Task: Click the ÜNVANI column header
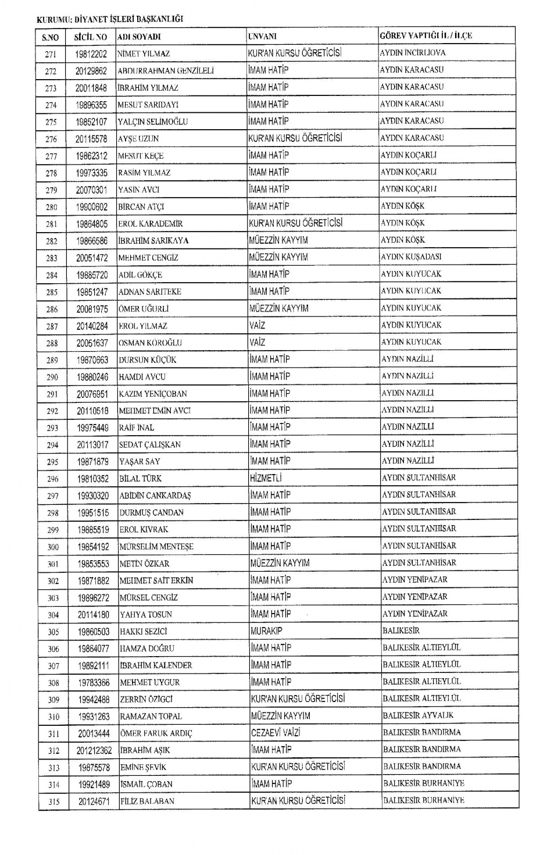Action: coord(262,36)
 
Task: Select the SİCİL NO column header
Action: coord(91,37)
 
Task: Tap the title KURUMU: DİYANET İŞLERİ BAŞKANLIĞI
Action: coord(110,19)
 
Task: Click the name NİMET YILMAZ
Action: coord(144,54)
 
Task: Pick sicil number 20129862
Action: coord(91,71)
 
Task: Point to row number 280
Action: coord(51,207)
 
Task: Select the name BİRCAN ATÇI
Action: coord(141,206)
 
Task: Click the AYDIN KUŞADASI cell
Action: coord(411,256)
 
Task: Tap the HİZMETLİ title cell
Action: coord(266,478)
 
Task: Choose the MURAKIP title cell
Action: coord(266,631)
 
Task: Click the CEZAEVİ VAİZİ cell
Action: coord(276,733)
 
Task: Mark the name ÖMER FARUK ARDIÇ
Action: coord(156,733)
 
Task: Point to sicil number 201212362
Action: coord(94,750)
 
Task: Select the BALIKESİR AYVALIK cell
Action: coord(418,715)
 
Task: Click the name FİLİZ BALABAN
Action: coord(147,801)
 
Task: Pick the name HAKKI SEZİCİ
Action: coord(143,631)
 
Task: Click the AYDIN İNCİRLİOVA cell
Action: coord(413,52)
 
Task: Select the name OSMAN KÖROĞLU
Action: coord(150,343)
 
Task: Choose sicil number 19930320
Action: coord(93,496)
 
